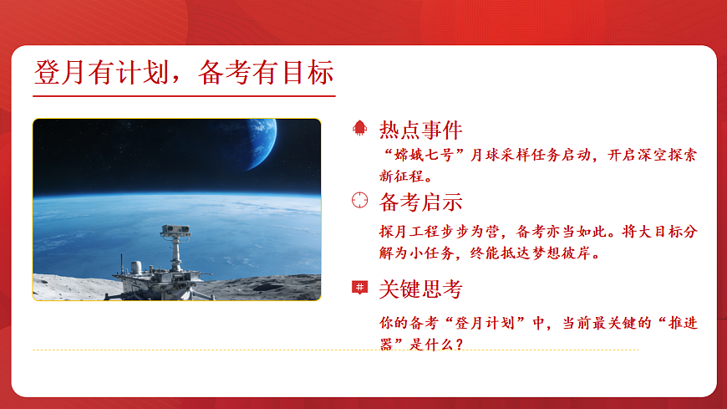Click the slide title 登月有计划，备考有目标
coord(184,73)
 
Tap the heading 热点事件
coord(420,130)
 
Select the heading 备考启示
coord(420,202)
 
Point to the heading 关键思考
coord(420,289)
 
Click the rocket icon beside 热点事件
coord(359,129)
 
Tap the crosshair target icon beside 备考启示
coord(359,201)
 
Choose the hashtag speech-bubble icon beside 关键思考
coord(359,288)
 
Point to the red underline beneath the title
coord(184,96)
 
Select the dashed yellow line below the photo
coord(334,350)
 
